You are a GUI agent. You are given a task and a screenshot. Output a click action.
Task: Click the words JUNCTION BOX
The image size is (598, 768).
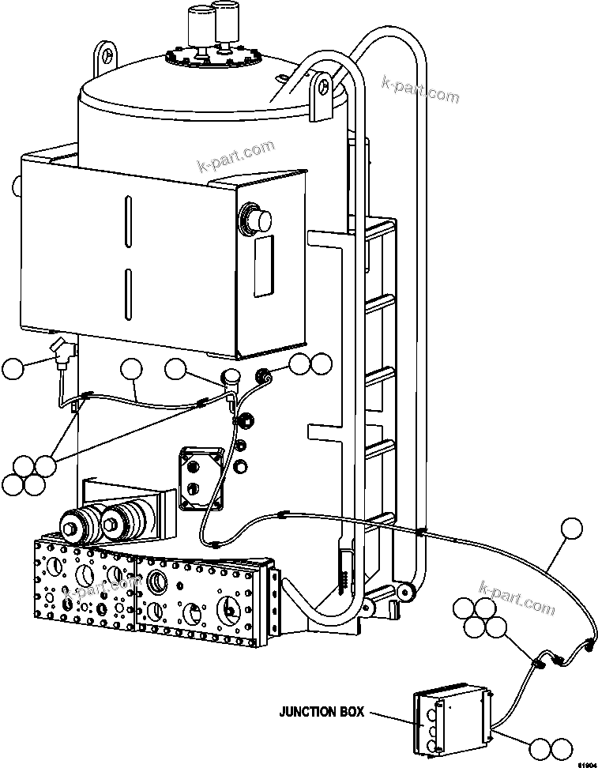(x=322, y=712)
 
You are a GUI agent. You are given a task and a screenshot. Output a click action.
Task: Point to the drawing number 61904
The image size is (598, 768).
(x=585, y=763)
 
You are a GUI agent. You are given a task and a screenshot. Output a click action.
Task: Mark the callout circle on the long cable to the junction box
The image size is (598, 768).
(x=571, y=530)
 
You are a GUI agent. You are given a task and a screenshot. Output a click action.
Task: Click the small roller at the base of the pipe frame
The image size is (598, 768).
(x=406, y=590)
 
